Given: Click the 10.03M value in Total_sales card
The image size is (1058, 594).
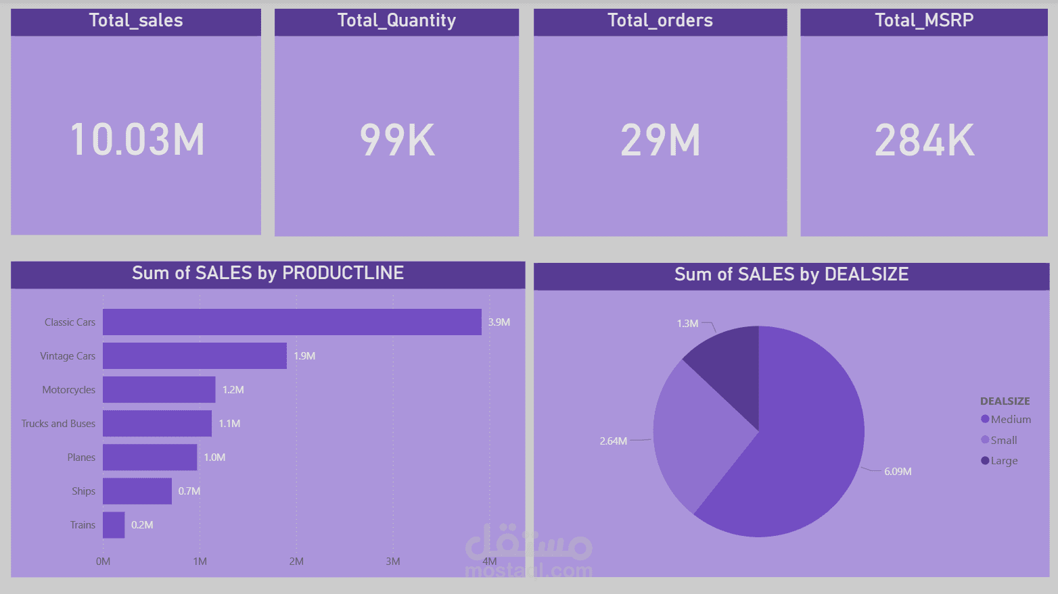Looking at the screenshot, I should tap(137, 140).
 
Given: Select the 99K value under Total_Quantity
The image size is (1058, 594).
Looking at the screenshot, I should tap(397, 141).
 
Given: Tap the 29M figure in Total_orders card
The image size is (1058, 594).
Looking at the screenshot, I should tap(660, 141).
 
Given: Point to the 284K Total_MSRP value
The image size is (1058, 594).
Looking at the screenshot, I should tap(924, 141).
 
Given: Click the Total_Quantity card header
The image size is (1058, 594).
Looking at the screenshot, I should tap(396, 21).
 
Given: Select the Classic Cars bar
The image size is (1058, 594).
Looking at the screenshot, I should tap(292, 322).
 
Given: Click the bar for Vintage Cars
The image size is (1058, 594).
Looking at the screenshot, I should tap(195, 356).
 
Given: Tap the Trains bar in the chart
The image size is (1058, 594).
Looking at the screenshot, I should tap(114, 525).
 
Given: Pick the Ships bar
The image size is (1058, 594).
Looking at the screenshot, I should tap(137, 491).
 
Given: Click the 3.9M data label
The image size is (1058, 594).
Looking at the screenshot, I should tap(499, 322).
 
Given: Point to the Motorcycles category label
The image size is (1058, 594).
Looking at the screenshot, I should tap(68, 390).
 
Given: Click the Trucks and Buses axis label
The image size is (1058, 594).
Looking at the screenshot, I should tap(58, 424).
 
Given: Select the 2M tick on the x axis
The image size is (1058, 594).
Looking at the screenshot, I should tap(296, 562).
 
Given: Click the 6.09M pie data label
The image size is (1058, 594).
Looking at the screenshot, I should tap(898, 472).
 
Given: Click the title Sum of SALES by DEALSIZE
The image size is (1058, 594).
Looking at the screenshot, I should tap(791, 274).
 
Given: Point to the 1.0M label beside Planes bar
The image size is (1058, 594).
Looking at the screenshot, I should tap(214, 457).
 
